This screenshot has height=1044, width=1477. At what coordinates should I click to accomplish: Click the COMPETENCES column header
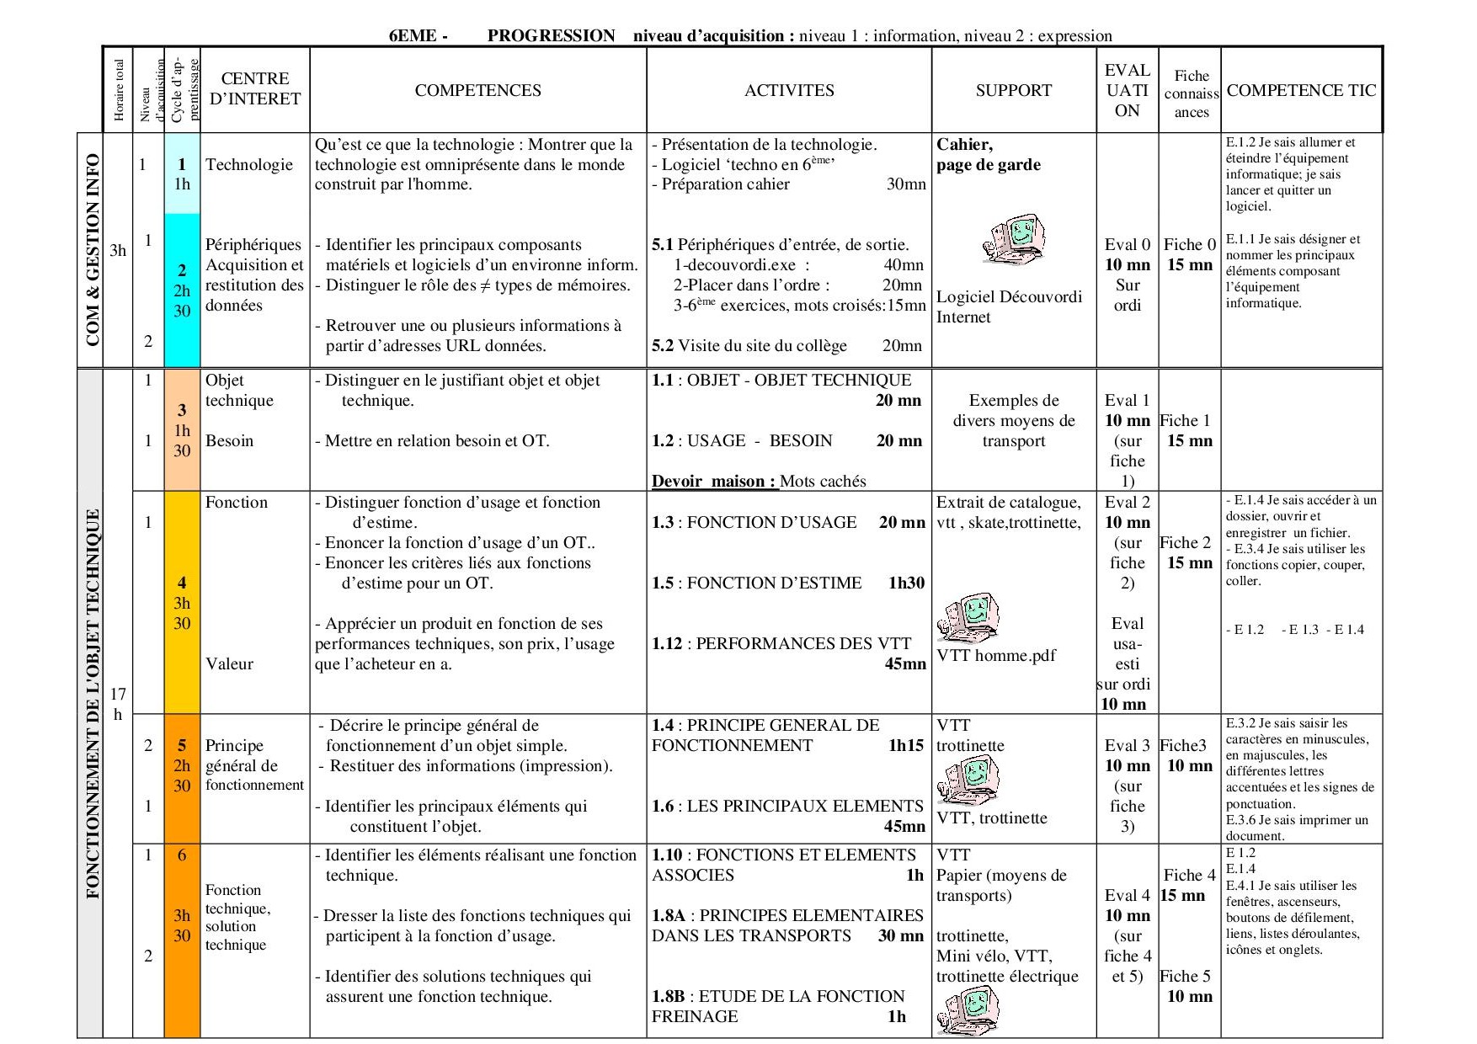[x=477, y=90]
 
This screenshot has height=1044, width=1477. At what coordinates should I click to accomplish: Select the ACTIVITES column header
[x=789, y=90]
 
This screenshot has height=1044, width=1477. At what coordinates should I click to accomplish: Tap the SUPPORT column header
[x=1013, y=90]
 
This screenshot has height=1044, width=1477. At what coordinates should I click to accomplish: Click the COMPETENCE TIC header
[x=1301, y=90]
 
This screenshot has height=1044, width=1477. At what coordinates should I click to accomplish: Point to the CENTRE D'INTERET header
[x=254, y=88]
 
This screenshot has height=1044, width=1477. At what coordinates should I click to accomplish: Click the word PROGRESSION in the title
[x=551, y=35]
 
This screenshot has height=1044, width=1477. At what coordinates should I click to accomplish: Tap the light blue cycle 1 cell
[x=182, y=173]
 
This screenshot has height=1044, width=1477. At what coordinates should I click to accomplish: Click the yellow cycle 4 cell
[x=182, y=603]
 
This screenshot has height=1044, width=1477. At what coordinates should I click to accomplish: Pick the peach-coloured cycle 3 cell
[x=182, y=429]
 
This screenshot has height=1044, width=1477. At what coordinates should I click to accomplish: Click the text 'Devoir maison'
[x=713, y=482]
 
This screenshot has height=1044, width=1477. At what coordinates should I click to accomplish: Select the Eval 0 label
[x=1127, y=245]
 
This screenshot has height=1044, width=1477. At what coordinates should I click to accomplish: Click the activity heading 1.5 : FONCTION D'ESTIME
[x=756, y=583]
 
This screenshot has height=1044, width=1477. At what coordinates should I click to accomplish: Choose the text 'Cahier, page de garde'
[x=988, y=155]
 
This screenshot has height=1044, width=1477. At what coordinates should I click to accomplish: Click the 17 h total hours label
[x=118, y=704]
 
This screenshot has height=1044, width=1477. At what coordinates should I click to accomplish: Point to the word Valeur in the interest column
[x=229, y=663]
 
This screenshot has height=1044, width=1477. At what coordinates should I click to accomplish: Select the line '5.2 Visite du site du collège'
[x=749, y=346]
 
